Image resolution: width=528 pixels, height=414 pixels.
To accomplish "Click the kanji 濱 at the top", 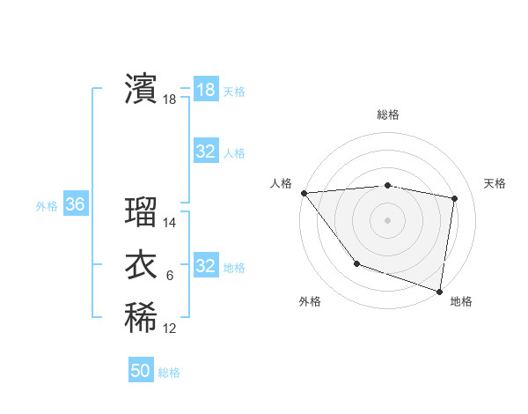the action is point(141,89).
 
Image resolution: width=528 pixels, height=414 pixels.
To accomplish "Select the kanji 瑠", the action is point(141,212).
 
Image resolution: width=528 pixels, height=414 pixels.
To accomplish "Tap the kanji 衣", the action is point(141,265).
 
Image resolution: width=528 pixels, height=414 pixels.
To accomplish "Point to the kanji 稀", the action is point(141,318).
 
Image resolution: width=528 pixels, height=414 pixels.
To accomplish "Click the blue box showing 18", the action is point(205,89).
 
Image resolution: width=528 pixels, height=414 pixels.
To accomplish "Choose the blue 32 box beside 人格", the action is point(205,152).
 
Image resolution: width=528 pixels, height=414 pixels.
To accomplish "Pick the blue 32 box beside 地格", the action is point(205,266).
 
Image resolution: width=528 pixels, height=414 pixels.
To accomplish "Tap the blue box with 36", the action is point(75,205).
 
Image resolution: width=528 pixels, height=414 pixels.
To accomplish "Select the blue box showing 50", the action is point(141,371).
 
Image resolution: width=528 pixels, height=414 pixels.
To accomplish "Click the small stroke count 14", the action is point(170,223).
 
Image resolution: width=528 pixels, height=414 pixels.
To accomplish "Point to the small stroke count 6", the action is point(170,276).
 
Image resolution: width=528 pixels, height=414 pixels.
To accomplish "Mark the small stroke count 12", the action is point(170,329).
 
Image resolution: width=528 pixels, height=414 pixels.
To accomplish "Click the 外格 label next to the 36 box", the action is point(47,206).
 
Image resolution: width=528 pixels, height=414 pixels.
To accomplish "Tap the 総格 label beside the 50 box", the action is point(169,373).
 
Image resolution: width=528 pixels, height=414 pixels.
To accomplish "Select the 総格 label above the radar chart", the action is point(387,115).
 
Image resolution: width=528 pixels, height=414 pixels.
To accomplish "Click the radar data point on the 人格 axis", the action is point(304,193).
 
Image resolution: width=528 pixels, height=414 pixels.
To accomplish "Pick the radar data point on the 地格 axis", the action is point(439,290).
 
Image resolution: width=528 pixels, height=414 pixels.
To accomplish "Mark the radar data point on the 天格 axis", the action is point(454,198).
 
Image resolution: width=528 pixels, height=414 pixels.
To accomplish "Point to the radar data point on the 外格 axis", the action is point(356,262).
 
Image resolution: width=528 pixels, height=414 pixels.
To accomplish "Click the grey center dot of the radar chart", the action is point(387,219).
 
